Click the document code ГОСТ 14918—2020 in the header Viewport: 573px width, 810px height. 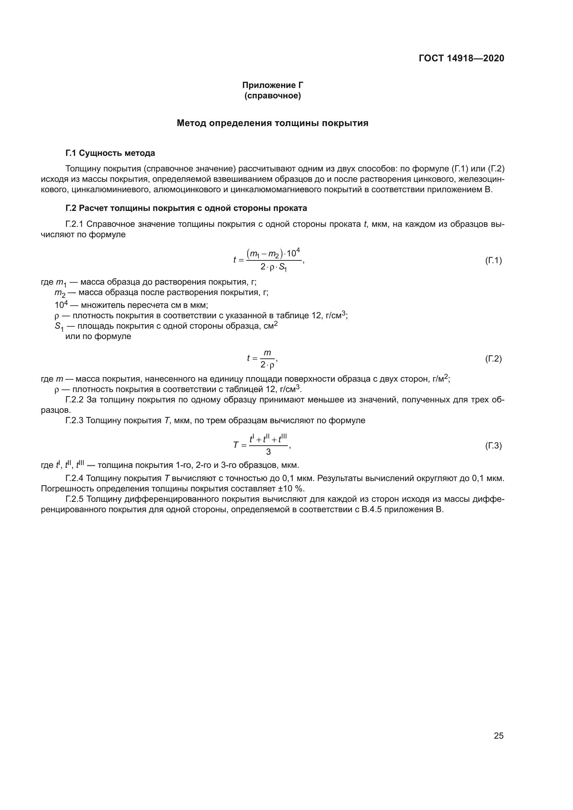(x=461, y=58)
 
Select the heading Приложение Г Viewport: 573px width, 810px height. (x=272, y=85)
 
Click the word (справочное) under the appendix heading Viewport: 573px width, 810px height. (x=272, y=96)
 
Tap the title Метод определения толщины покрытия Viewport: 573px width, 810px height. (x=272, y=123)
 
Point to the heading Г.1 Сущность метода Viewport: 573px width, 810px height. (x=110, y=153)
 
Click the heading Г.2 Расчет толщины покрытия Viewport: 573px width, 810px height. (x=186, y=208)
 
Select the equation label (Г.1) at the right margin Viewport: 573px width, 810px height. (x=493, y=261)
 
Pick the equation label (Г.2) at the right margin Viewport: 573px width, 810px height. (x=493, y=359)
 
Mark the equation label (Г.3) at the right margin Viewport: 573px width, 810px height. (x=493, y=446)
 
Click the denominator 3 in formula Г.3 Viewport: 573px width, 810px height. (x=268, y=452)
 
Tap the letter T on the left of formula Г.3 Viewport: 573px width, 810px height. (x=236, y=445)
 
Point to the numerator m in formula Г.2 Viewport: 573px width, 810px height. (x=267, y=353)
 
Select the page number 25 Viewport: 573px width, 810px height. (x=499, y=736)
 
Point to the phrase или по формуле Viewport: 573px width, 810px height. (x=98, y=336)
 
